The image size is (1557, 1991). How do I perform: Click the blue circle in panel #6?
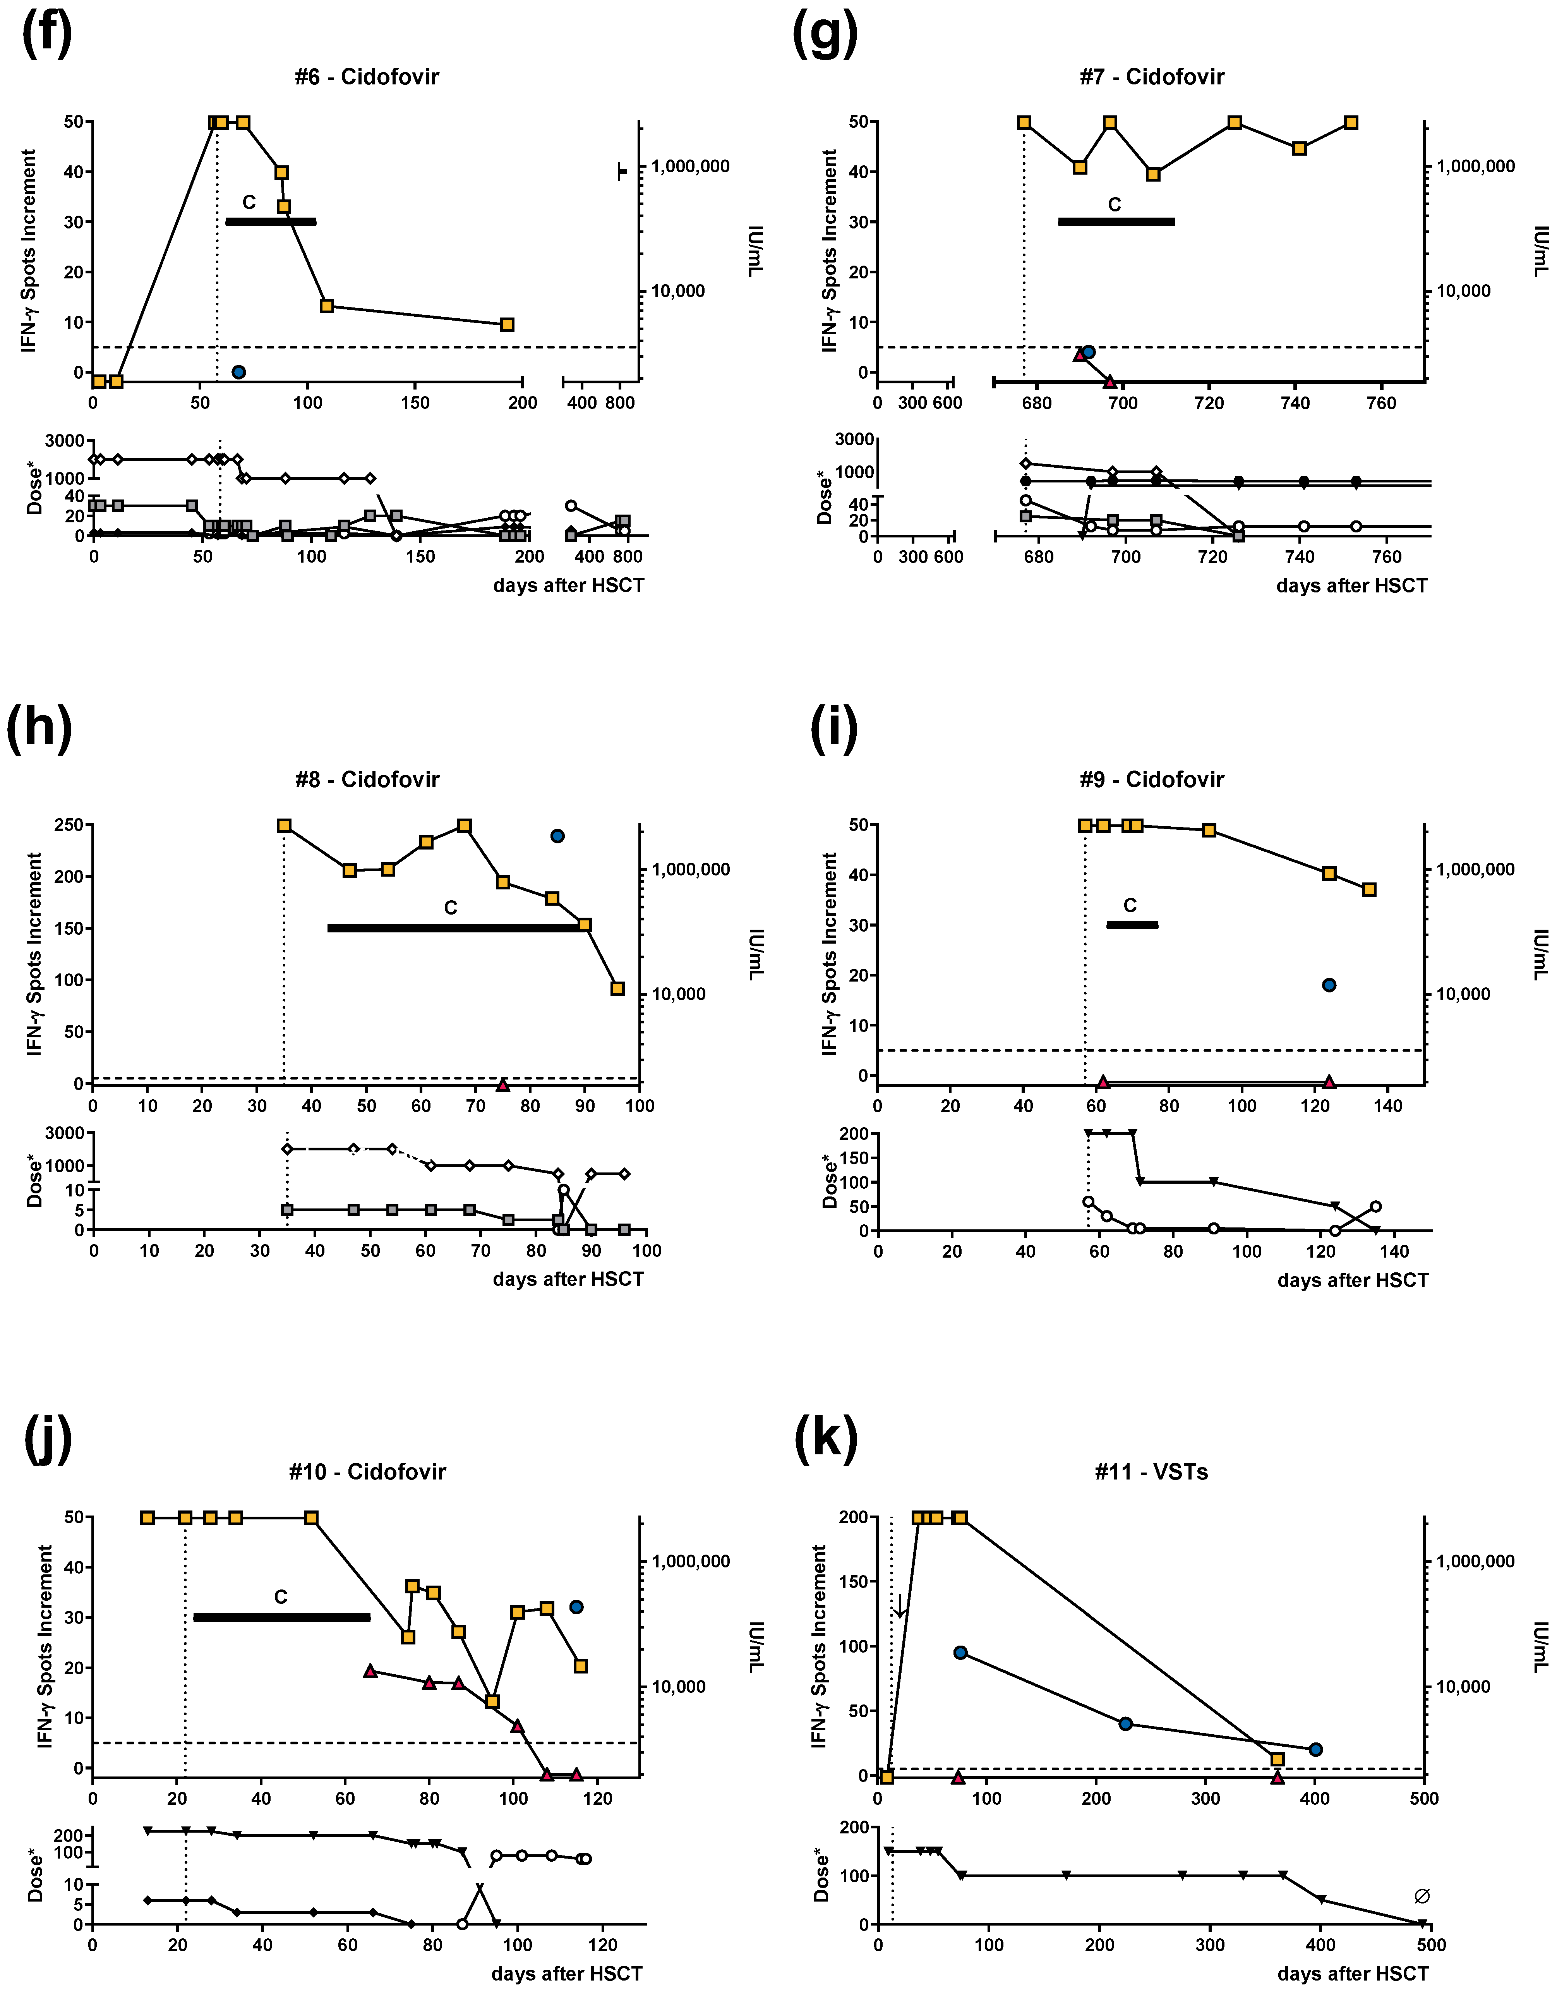pyautogui.click(x=239, y=372)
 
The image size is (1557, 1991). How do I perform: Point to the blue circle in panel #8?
pyautogui.click(x=557, y=836)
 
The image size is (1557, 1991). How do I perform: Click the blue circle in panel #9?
pyautogui.click(x=1329, y=985)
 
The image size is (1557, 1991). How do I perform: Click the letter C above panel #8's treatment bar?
pyautogui.click(x=450, y=908)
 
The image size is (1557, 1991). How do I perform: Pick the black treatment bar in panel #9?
pyautogui.click(x=1132, y=924)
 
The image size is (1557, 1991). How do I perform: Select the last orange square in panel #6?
pyautogui.click(x=508, y=324)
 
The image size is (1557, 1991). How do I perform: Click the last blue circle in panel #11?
pyautogui.click(x=1315, y=1749)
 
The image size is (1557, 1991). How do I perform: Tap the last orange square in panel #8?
pyautogui.click(x=617, y=989)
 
